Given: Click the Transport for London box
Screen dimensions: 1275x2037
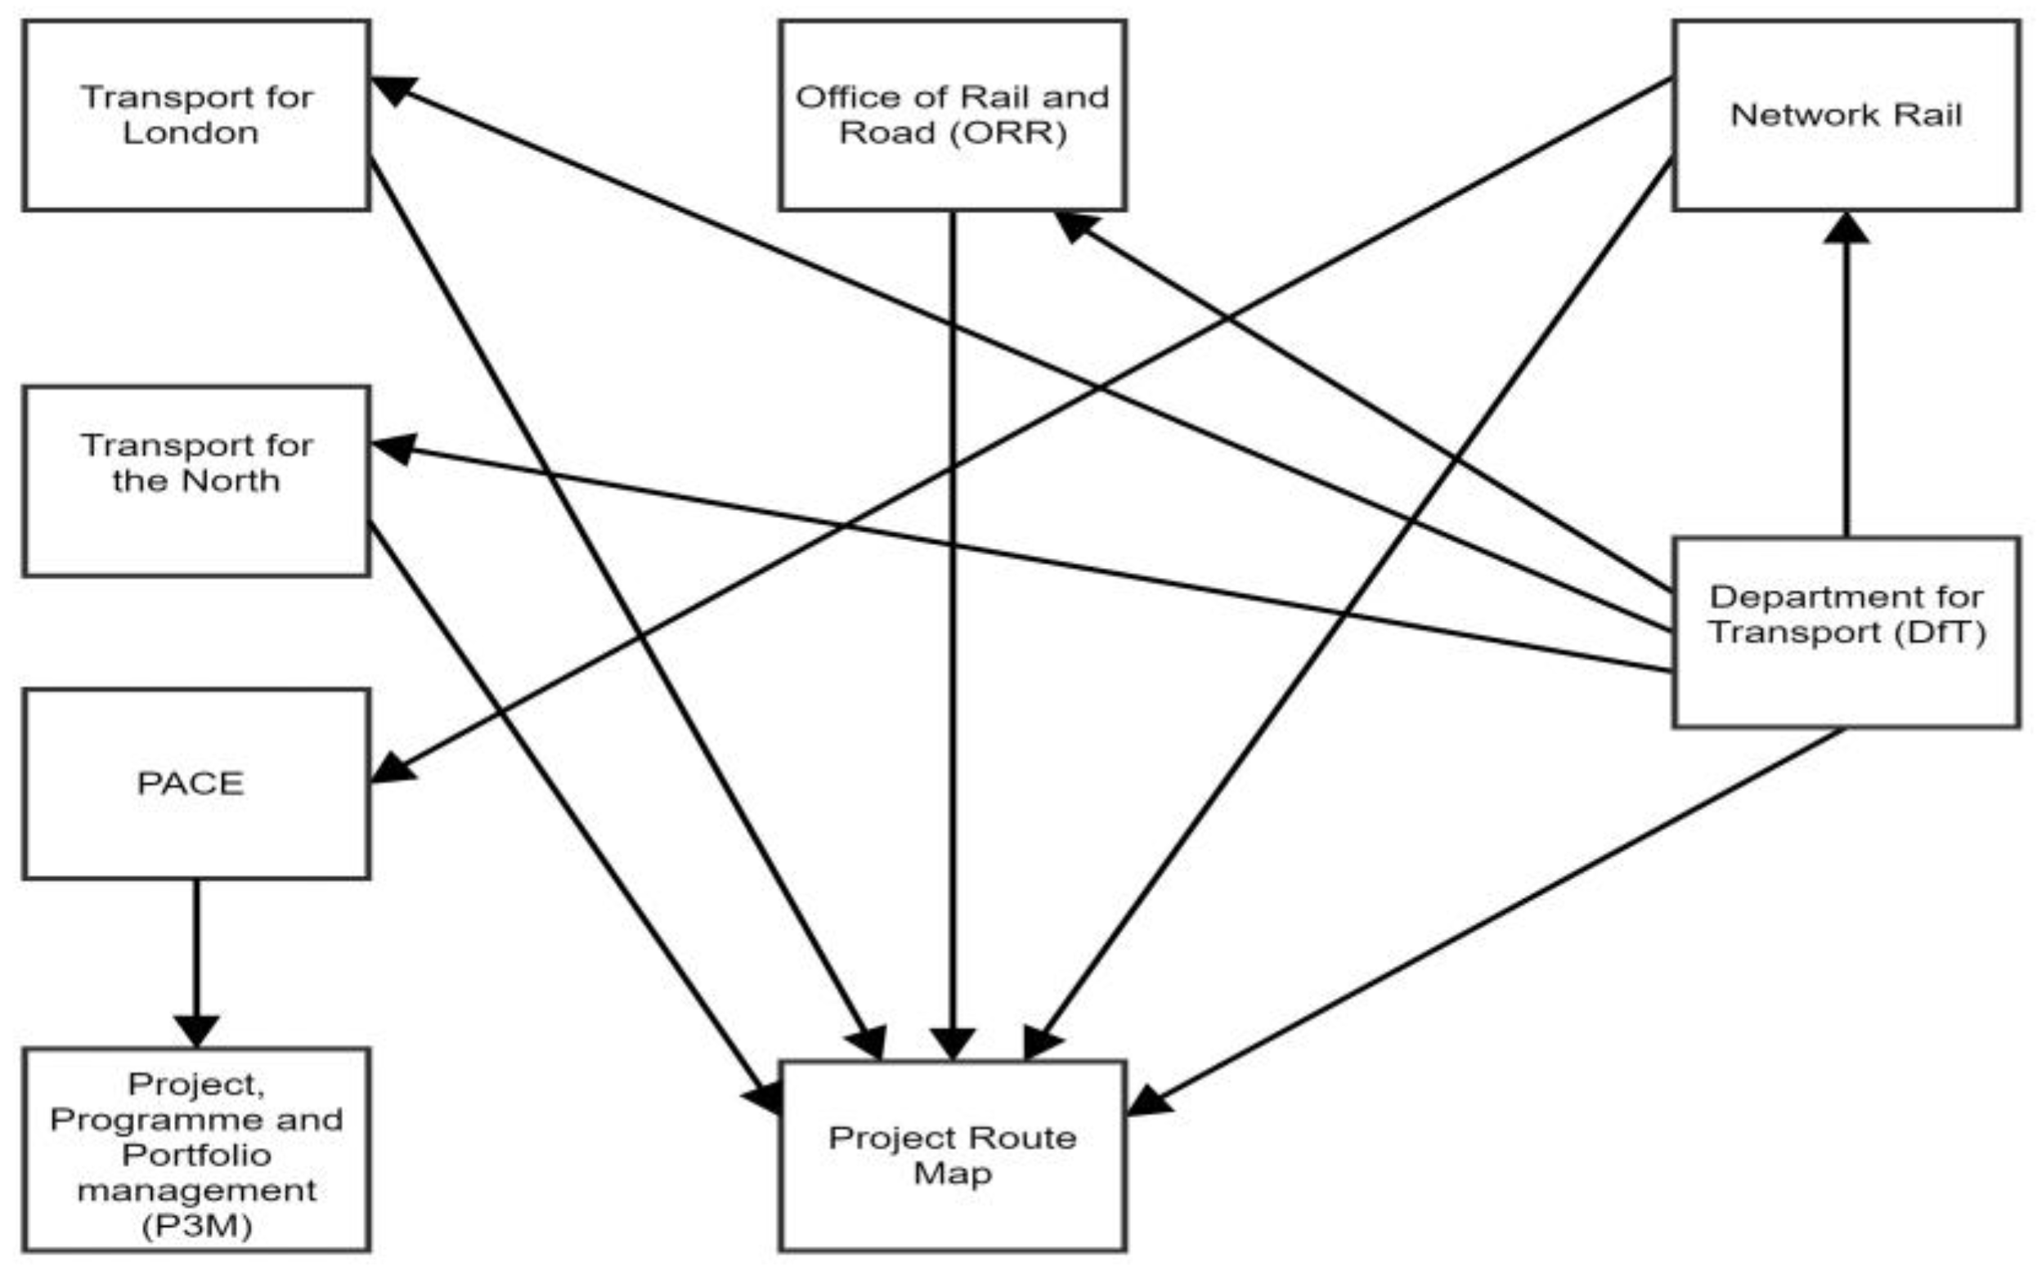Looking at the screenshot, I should coord(195,115).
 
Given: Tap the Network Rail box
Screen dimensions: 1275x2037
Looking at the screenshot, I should coord(1846,115).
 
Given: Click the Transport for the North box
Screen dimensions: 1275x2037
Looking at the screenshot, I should coord(195,481).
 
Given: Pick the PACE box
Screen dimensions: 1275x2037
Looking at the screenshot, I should coord(195,785).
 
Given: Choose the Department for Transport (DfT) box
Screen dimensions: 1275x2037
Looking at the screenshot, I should coord(1846,632).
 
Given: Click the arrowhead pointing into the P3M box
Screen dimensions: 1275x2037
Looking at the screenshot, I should coord(196,1031).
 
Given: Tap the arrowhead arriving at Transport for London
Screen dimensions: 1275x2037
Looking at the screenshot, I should coord(393,88).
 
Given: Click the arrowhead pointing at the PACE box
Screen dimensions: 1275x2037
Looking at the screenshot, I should coord(393,767).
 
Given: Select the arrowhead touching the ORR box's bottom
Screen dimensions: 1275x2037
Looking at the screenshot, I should coord(1076,226).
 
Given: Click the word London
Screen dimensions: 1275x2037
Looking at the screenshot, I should coord(191,133).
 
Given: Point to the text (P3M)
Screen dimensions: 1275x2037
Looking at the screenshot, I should coord(196,1225).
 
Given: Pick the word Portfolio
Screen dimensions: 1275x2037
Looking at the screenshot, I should coord(196,1154).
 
